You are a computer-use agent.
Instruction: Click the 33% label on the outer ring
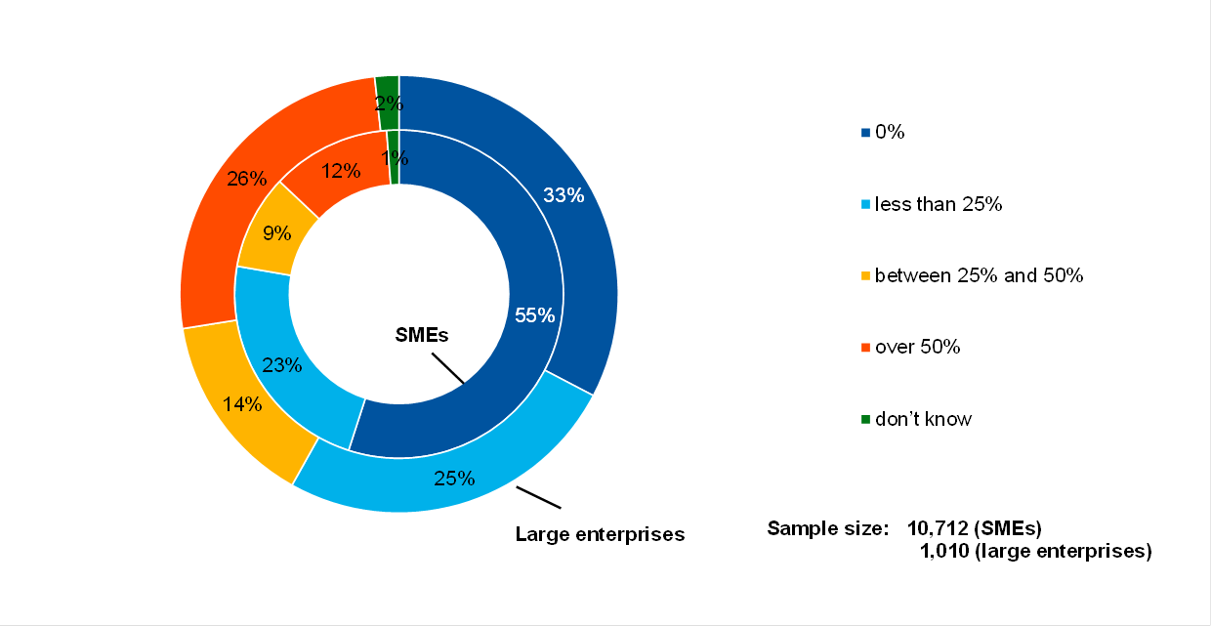[x=564, y=195]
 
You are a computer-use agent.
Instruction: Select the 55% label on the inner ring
[x=534, y=315]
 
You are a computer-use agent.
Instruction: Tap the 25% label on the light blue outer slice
[x=454, y=479]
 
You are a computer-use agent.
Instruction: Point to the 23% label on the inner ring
[x=281, y=366]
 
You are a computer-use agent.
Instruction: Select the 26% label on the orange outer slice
[x=246, y=179]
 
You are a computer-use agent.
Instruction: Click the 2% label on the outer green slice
[x=388, y=102]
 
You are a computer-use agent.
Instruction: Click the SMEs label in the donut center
[x=421, y=334]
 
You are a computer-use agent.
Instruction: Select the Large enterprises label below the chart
[x=600, y=534]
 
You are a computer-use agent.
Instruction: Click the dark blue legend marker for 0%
[x=865, y=133]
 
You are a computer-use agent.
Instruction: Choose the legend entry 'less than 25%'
[x=939, y=204]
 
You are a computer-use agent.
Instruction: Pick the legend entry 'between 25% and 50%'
[x=979, y=275]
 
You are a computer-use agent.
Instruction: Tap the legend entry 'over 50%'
[x=917, y=347]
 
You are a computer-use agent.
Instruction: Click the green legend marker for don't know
[x=865, y=420]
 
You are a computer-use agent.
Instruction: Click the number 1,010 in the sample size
[x=943, y=551]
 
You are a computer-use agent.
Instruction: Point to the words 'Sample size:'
[x=827, y=529]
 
